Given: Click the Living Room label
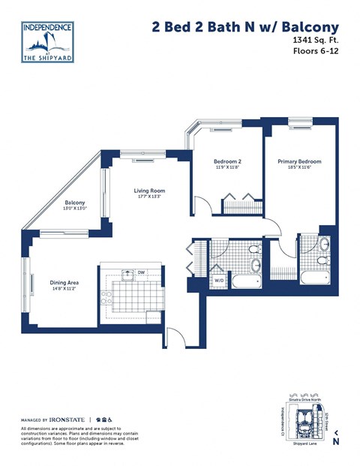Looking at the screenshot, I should click(x=149, y=191).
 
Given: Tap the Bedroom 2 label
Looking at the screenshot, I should click(x=227, y=161).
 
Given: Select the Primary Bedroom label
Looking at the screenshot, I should click(x=299, y=161).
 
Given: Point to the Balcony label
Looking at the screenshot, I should click(x=74, y=203).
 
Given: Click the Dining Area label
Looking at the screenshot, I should click(x=64, y=282).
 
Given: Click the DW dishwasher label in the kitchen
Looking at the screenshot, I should click(x=141, y=272).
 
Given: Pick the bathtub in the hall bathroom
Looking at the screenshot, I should click(x=245, y=282).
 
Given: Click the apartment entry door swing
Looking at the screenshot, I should click(x=174, y=338).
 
